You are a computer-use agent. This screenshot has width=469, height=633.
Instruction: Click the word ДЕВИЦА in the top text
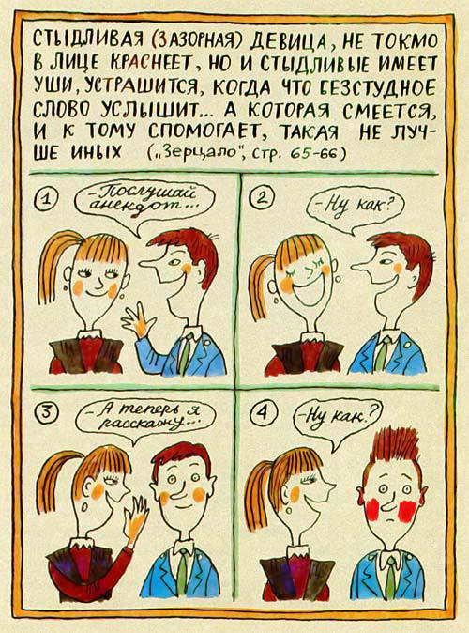tap(273, 39)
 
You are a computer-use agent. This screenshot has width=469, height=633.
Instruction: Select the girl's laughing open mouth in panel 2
tap(297, 306)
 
